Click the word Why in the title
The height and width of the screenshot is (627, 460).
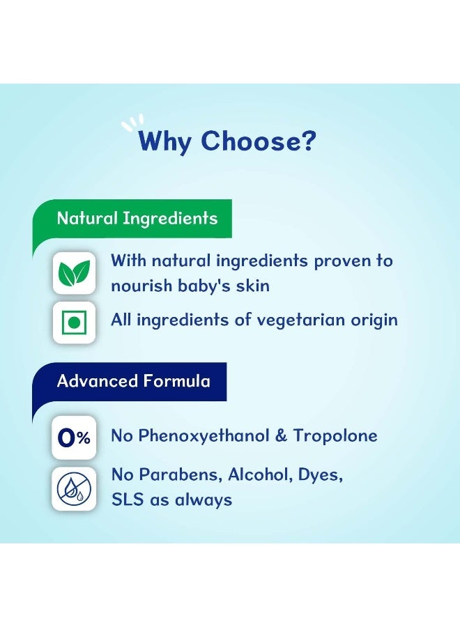[164, 141]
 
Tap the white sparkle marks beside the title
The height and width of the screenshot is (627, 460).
[132, 123]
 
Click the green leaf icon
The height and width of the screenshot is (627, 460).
[74, 272]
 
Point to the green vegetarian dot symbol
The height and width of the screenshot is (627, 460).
[74, 323]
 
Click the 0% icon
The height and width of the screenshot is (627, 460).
[74, 438]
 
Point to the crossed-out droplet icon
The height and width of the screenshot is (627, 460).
[74, 488]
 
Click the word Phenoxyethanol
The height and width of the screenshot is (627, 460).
[204, 436]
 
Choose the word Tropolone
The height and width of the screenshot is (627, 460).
[336, 435]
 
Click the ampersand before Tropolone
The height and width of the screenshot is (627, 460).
[281, 435]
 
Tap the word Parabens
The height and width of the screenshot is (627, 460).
[181, 474]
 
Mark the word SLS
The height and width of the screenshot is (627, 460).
[128, 500]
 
